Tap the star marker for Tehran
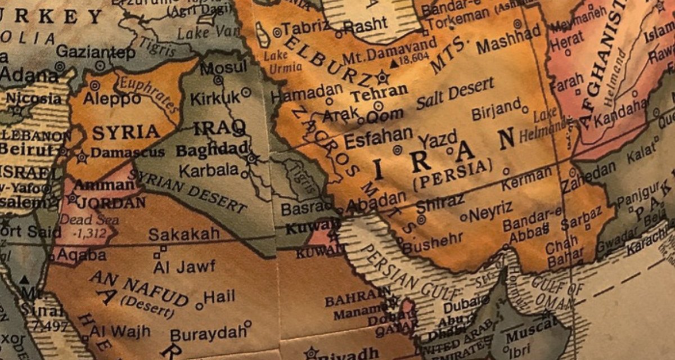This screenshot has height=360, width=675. [x=383, y=76]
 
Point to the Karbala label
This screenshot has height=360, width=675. [x=209, y=169]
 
